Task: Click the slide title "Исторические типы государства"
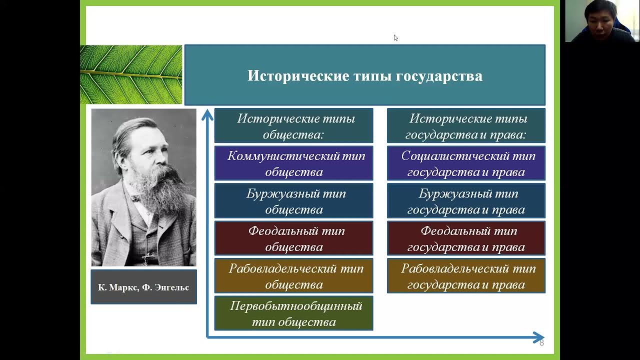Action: click(x=365, y=76)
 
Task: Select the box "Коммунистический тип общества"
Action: click(x=293, y=163)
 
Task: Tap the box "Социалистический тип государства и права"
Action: click(x=466, y=163)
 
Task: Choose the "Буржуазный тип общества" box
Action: click(x=293, y=201)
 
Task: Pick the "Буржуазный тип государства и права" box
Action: click(x=466, y=201)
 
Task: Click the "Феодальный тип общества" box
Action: click(x=293, y=238)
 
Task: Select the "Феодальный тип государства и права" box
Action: click(x=466, y=238)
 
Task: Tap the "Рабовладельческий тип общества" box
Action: click(x=293, y=275)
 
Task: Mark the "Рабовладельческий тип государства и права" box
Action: click(x=466, y=275)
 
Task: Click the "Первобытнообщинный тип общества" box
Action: click(x=293, y=313)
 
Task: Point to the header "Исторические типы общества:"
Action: click(x=293, y=125)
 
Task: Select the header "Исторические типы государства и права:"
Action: click(x=466, y=125)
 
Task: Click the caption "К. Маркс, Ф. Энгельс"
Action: click(x=143, y=287)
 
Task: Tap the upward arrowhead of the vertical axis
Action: click(x=207, y=114)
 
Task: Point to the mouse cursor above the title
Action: click(x=395, y=38)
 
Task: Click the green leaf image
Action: click(x=131, y=74)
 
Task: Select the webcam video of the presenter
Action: click(x=602, y=21)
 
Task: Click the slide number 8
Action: click(x=541, y=343)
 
